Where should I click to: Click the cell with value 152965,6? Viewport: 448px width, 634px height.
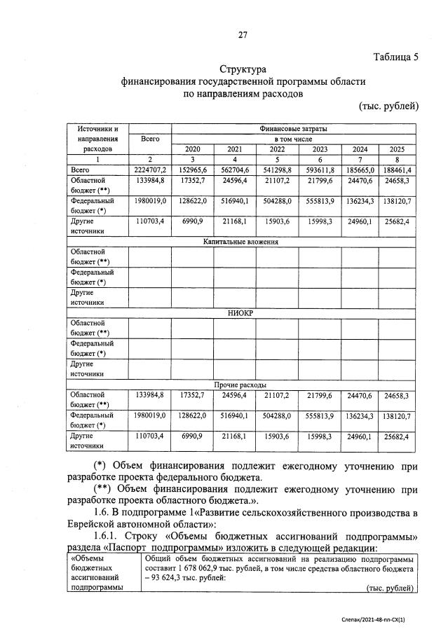click(x=192, y=170)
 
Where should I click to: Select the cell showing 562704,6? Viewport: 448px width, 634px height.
click(x=234, y=170)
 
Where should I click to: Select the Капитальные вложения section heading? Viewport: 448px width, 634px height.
click(x=241, y=242)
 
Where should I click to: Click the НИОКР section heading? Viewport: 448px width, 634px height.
click(x=241, y=313)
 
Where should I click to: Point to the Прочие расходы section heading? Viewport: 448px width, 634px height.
click(x=241, y=385)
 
